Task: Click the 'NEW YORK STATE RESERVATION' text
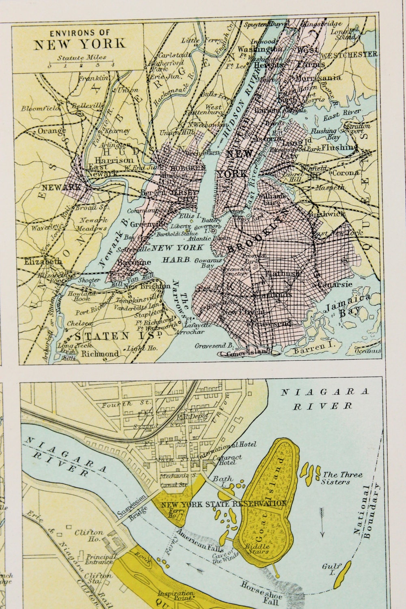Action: coord(224,504)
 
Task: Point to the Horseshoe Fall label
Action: coord(259,590)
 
